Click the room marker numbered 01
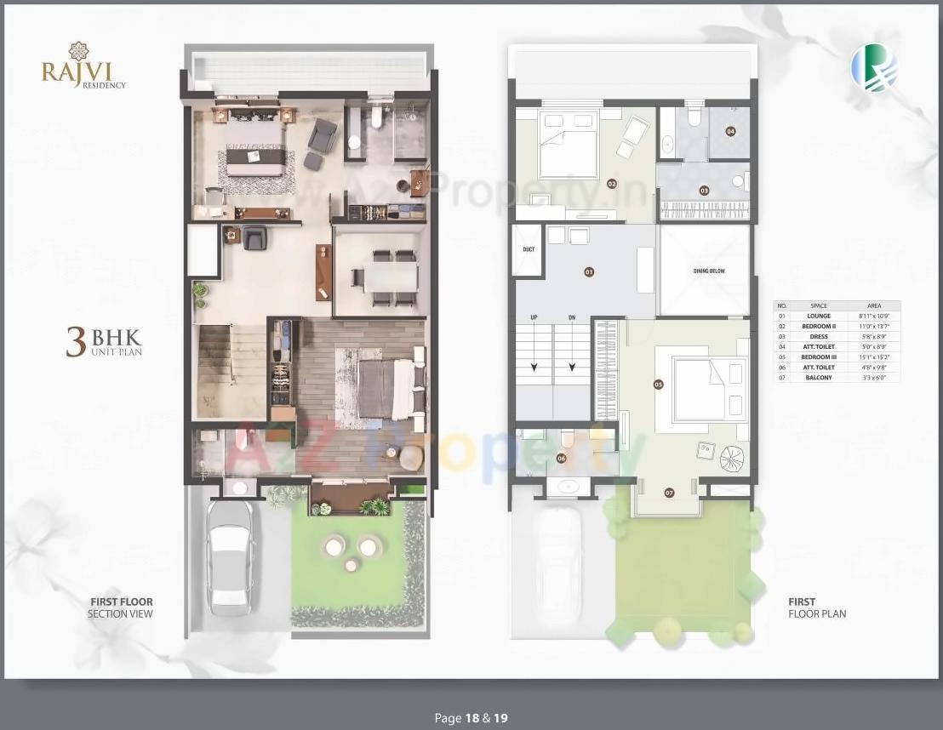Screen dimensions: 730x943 pos(587,272)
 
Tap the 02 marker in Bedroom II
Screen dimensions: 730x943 pos(611,183)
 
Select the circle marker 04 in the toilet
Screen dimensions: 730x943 pos(730,131)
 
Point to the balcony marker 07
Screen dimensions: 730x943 pos(669,493)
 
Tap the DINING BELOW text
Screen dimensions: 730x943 pos(708,271)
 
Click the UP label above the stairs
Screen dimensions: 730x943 pos(534,317)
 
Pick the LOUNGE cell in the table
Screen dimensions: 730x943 pos(819,316)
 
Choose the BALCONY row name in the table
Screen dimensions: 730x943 pos(819,377)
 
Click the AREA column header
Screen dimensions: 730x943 pos(874,305)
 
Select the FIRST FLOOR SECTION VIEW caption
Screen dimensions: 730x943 pos(121,607)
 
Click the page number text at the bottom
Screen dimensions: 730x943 pos(471,718)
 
